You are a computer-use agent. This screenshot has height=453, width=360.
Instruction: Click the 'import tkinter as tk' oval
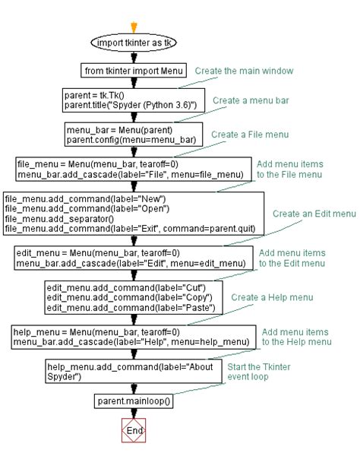point(134,43)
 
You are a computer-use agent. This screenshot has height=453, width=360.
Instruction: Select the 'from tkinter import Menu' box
point(134,71)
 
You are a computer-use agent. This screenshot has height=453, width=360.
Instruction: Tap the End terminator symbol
point(134,430)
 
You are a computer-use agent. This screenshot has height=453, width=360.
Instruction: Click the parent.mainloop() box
point(134,401)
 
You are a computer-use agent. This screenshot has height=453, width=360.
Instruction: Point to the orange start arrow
point(134,27)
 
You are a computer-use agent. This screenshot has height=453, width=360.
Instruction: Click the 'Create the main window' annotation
point(244,71)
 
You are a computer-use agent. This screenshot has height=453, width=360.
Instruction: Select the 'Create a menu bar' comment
point(251,100)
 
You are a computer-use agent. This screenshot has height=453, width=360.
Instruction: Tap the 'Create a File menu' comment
point(250,135)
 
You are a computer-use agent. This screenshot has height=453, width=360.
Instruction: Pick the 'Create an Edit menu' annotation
point(314,214)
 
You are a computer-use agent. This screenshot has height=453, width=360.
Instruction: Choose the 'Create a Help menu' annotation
point(272,298)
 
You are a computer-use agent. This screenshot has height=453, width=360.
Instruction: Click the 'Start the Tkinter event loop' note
point(259,372)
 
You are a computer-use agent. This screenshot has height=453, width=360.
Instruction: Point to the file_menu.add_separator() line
point(59,219)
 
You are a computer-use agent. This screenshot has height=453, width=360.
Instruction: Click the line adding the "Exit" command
point(130,229)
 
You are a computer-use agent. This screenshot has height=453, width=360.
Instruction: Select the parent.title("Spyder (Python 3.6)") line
point(131,105)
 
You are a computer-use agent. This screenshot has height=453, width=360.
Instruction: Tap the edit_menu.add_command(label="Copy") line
point(129,298)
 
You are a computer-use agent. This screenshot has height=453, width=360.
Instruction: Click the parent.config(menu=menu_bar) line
point(131,140)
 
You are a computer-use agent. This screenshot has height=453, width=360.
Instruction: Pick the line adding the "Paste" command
point(131,307)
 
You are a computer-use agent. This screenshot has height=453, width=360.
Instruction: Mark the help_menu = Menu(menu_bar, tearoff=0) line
point(96,332)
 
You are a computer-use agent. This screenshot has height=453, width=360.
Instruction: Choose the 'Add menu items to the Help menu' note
point(296,337)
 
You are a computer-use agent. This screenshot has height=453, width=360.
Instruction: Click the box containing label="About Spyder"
point(134,372)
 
